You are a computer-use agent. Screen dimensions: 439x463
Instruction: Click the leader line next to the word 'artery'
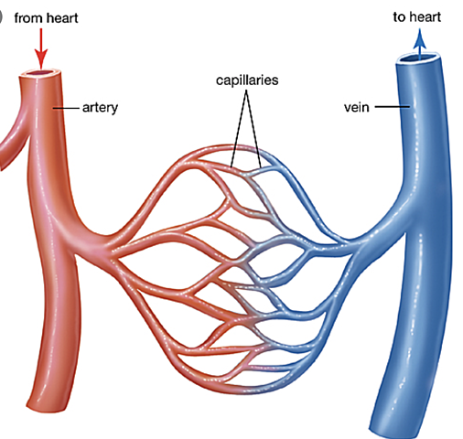(x=67, y=108)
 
